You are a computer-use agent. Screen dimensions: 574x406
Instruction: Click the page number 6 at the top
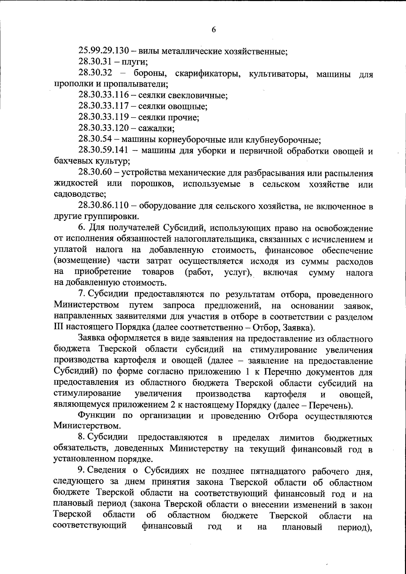(x=214, y=30)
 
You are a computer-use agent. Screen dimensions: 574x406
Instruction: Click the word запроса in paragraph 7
(x=179, y=305)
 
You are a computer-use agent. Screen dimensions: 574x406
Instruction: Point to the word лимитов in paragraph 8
(x=297, y=438)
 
